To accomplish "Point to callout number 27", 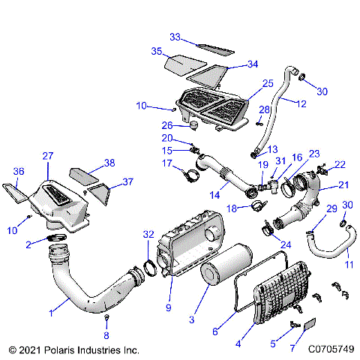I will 47,157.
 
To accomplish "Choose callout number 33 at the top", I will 175,36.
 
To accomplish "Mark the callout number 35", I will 157,51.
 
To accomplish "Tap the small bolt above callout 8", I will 106,320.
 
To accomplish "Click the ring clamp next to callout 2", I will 57,238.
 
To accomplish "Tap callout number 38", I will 109,163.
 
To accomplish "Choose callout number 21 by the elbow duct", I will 343,184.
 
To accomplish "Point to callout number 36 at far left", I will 19,171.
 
